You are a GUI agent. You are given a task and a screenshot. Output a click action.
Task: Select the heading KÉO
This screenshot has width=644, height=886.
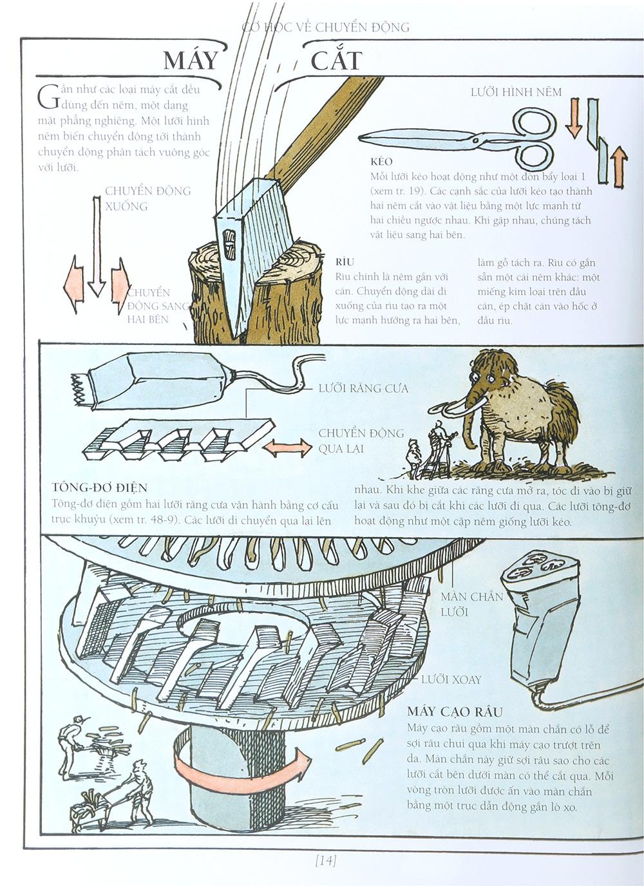381,161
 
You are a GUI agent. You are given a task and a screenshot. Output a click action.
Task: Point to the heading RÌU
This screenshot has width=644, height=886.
345,262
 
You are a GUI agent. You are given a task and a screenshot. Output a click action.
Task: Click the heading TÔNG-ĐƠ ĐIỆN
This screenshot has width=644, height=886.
100,487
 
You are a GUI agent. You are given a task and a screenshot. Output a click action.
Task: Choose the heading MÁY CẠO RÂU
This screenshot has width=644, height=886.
455,712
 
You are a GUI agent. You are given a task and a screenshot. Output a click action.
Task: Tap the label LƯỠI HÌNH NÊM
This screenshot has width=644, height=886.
516,92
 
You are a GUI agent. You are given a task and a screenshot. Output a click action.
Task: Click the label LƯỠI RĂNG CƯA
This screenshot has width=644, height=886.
363,388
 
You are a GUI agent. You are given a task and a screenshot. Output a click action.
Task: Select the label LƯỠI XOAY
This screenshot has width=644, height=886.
451,679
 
